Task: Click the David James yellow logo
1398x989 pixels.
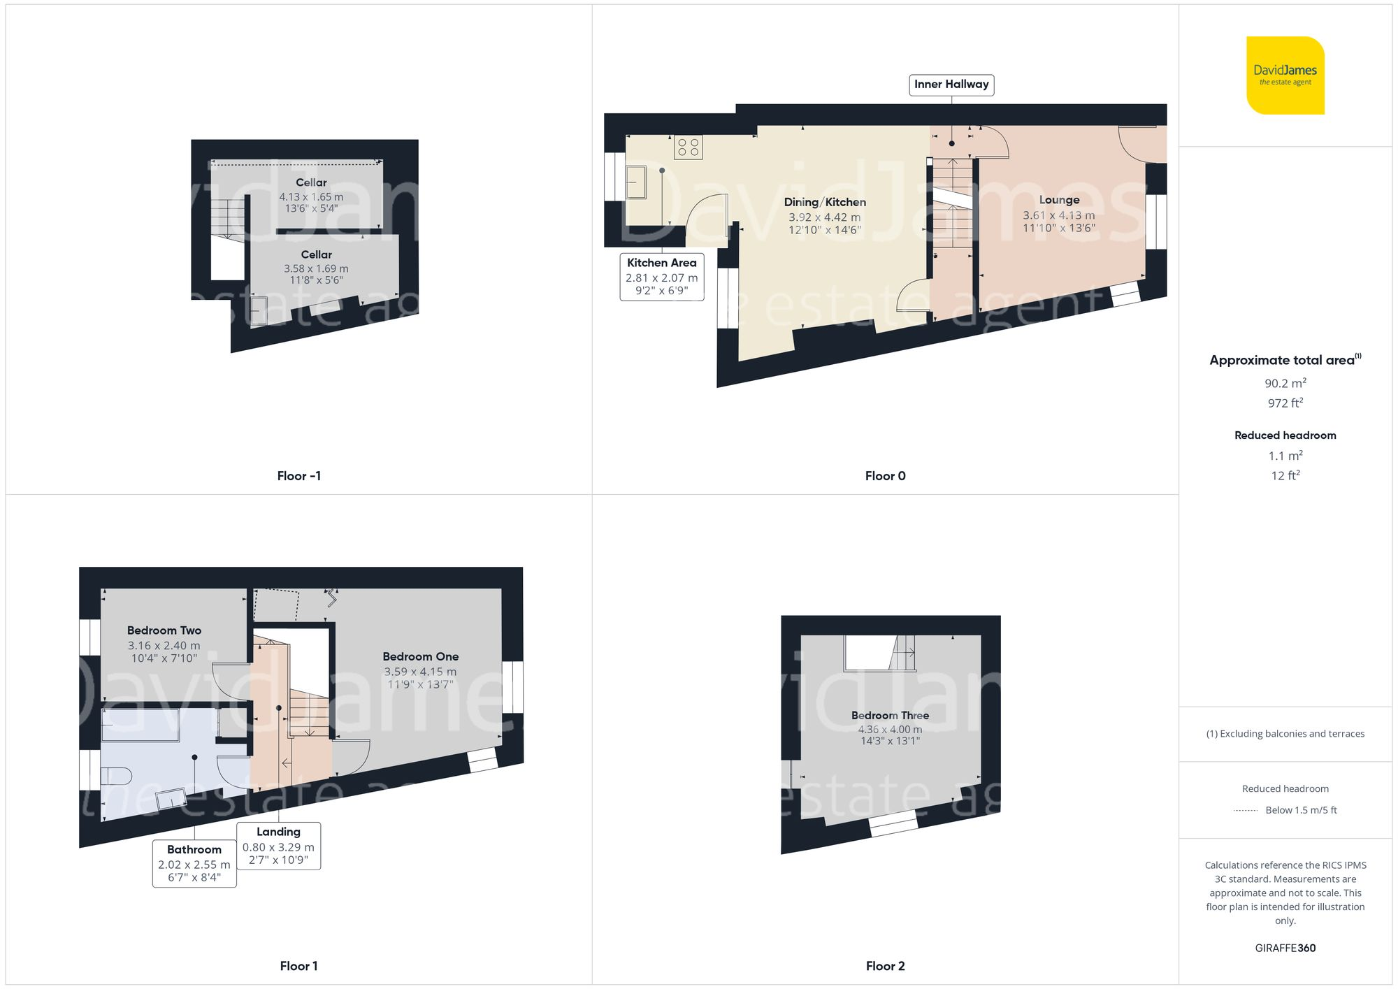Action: point(1285,75)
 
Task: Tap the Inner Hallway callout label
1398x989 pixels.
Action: point(951,85)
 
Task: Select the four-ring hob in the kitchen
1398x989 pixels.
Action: point(688,147)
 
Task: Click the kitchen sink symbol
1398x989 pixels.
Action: point(636,182)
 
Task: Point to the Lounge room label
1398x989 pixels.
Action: point(1059,201)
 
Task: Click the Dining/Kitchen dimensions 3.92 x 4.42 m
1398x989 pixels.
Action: point(824,217)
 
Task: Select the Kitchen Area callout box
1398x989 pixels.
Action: point(661,277)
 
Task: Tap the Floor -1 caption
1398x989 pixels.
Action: point(298,476)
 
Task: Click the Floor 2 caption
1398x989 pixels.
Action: point(885,966)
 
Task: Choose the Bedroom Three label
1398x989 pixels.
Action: point(890,716)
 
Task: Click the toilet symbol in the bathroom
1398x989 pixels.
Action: point(116,776)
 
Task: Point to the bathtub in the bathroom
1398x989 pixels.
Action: point(140,725)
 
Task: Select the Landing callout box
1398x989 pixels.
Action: point(278,846)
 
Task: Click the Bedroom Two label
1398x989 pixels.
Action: point(164,630)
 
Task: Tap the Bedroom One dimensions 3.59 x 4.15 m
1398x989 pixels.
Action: point(420,672)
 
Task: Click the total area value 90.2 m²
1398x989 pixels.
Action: point(1285,384)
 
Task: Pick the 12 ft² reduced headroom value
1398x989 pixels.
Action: point(1285,476)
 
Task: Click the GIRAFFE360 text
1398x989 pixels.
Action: point(1285,948)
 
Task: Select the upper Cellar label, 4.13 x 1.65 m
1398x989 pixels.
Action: point(311,183)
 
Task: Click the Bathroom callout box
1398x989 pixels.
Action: point(194,864)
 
